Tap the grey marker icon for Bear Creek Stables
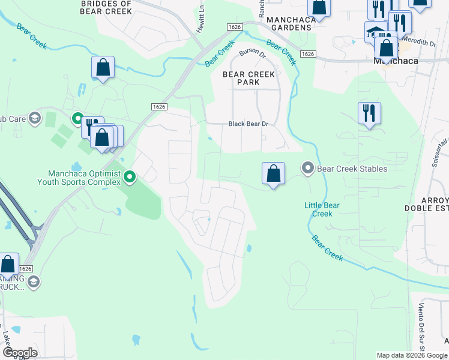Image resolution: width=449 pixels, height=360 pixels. coord(308,168)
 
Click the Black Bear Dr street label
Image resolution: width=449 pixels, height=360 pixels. coord(251,124)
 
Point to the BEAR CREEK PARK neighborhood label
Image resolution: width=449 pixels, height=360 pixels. coord(249,78)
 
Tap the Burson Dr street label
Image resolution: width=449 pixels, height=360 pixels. coord(252,53)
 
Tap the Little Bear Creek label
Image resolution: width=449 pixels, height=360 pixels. coord(322,209)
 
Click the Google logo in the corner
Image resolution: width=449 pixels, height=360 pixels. coord(20,352)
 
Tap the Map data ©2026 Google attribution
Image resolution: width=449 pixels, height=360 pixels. coord(412,355)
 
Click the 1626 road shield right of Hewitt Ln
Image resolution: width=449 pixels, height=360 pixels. coord(235,27)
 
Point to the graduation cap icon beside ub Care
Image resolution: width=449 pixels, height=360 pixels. coord(34,118)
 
